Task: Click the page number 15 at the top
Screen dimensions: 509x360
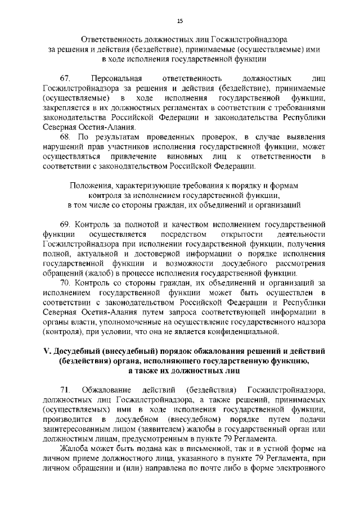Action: click(x=180, y=21)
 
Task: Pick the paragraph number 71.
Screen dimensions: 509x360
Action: click(x=65, y=390)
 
